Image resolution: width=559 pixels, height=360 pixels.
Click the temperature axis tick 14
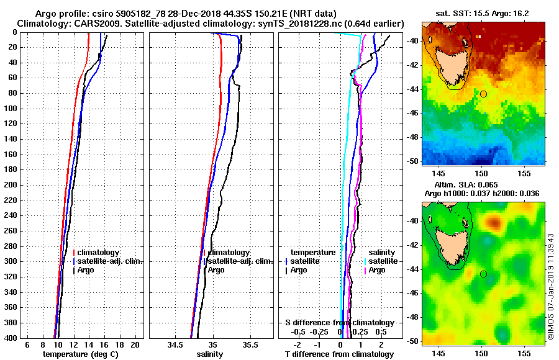(x=88, y=344)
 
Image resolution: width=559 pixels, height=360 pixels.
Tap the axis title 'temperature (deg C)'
(x=80, y=354)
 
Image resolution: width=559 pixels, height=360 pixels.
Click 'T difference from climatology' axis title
(x=339, y=354)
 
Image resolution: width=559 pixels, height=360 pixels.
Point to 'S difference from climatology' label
(x=339, y=323)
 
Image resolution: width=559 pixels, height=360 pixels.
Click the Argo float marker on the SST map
(x=483, y=94)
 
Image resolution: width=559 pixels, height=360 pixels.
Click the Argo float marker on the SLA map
(x=483, y=274)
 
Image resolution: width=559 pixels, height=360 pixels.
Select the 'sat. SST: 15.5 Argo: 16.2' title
(x=483, y=12)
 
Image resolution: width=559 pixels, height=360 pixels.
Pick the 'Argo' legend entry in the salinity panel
(x=216, y=270)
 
